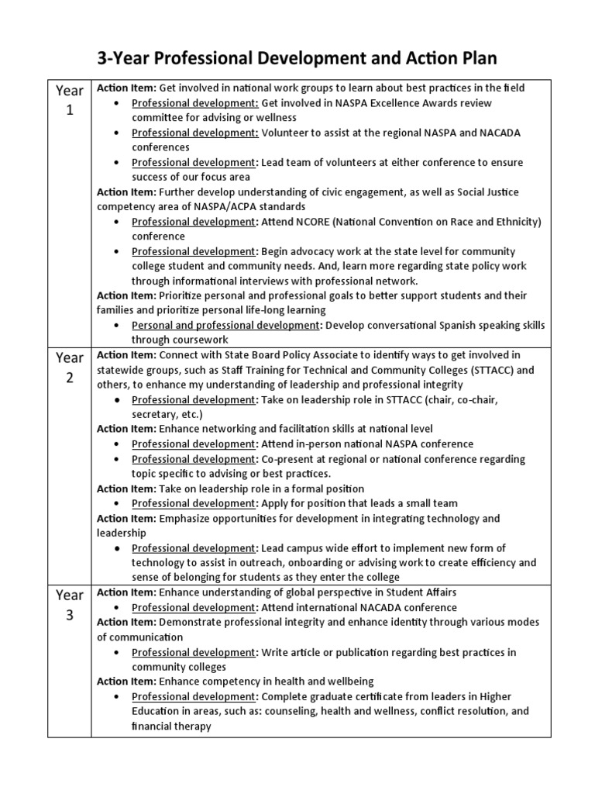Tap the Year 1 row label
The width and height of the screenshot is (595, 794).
click(x=69, y=100)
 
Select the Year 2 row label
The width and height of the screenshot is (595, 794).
click(x=69, y=368)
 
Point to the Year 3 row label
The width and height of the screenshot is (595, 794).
click(x=69, y=606)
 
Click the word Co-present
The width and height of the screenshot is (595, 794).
click(x=290, y=459)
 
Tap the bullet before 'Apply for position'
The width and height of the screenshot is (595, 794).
click(x=116, y=503)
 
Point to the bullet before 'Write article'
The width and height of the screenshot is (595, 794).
click(x=116, y=652)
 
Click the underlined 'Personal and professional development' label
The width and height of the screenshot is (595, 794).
click(x=225, y=325)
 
